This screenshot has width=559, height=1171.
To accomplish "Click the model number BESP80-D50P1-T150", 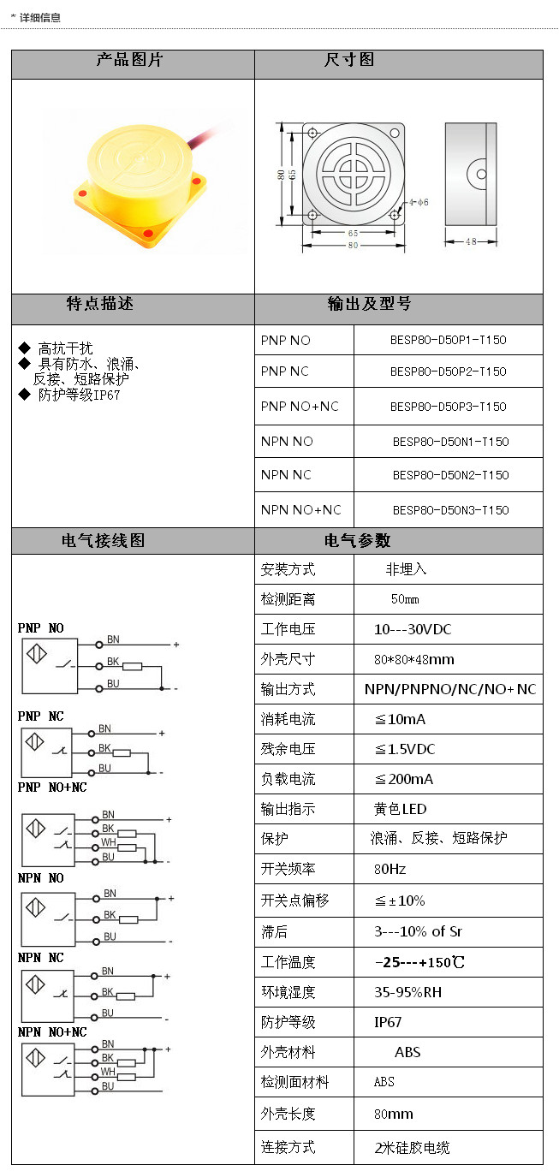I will click(448, 340).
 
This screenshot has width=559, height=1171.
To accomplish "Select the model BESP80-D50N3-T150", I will click(450, 510).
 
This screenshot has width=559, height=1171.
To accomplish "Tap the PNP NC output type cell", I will click(285, 372).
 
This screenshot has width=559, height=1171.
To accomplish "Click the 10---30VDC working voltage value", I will click(413, 629).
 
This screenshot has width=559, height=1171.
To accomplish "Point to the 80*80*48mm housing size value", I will click(414, 659).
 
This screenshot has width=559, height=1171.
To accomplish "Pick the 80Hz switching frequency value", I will click(390, 869).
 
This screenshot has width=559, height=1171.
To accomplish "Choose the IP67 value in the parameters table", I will click(388, 1022).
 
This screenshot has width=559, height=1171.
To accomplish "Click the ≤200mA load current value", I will click(403, 779).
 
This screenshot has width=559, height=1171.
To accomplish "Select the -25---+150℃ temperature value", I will click(419, 962).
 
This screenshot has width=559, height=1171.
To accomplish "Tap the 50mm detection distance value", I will click(405, 599).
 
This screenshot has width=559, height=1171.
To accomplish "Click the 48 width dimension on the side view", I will click(471, 242).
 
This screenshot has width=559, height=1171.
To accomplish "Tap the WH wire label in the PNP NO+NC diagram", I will click(109, 842).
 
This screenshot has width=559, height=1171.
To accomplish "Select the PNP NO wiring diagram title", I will click(41, 628).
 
